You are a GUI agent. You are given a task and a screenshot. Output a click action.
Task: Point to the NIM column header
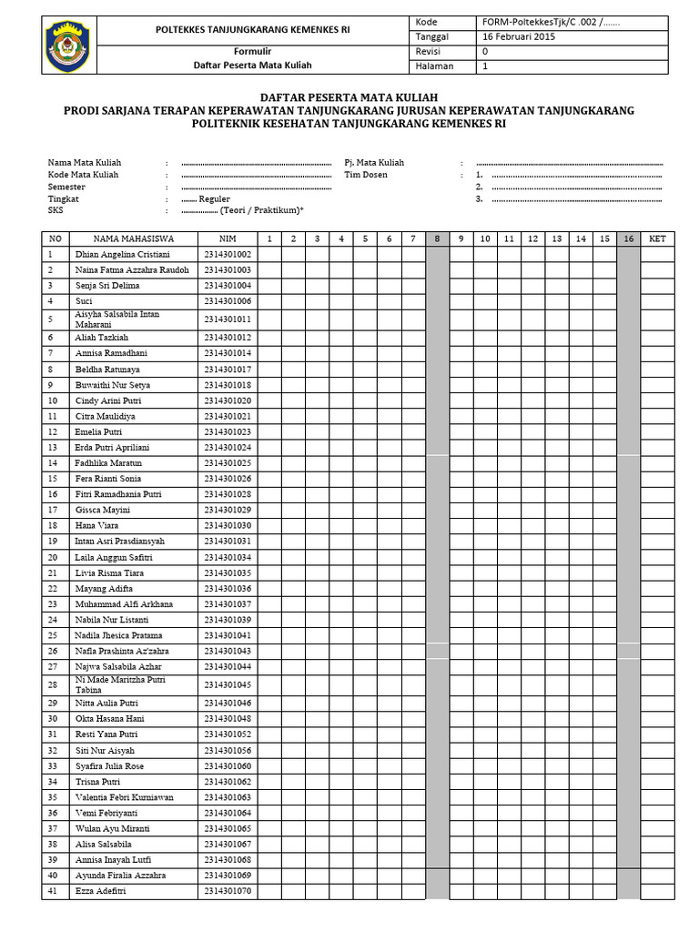(228, 238)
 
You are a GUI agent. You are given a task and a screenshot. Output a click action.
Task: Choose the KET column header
(656, 238)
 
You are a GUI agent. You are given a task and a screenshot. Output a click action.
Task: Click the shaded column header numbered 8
(437, 238)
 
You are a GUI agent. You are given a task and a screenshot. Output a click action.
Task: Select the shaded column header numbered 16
(628, 238)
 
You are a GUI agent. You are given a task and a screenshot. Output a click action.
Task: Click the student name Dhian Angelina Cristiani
(123, 255)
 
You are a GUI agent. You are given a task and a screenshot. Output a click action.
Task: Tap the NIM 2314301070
(228, 891)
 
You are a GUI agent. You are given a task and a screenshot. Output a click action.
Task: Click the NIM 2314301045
(228, 684)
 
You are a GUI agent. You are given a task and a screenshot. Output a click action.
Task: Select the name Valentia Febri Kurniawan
(124, 797)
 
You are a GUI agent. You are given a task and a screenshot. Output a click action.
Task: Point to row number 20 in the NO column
(53, 557)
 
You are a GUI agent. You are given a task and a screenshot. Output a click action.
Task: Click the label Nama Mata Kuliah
(84, 163)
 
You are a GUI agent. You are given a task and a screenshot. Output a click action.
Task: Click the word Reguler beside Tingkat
(215, 198)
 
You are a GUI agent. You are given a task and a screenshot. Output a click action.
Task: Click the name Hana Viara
(96, 526)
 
